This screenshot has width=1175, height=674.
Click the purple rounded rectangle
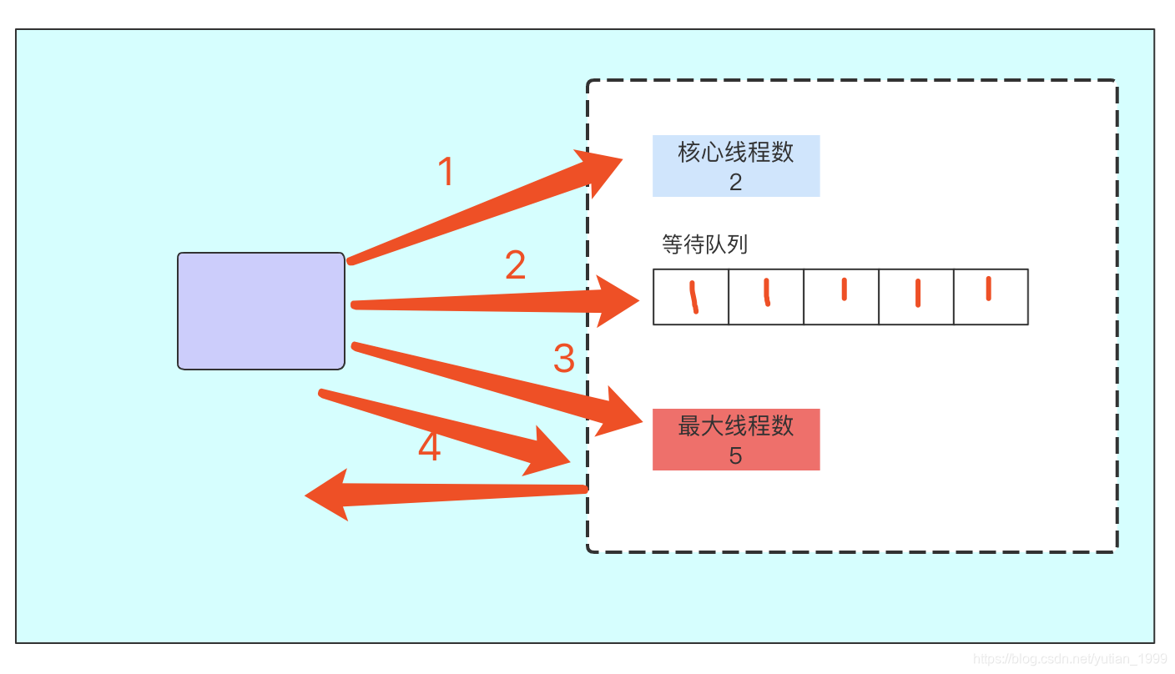(x=261, y=310)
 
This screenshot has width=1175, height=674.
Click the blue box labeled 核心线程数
(x=735, y=165)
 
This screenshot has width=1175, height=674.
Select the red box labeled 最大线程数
(x=735, y=439)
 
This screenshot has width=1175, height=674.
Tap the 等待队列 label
(x=704, y=244)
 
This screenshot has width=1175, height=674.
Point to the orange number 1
(x=446, y=172)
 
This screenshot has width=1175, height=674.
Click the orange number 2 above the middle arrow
(x=516, y=265)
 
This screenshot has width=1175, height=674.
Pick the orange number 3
(x=564, y=359)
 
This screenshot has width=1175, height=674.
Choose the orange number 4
(x=429, y=447)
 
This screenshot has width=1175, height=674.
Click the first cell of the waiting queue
(x=691, y=296)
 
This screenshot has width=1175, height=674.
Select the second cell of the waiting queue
(x=766, y=296)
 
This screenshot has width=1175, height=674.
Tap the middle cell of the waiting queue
(x=841, y=296)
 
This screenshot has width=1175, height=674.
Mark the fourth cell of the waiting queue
(x=916, y=296)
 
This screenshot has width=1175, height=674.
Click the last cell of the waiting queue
(x=991, y=296)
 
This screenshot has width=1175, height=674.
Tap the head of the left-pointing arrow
(x=328, y=495)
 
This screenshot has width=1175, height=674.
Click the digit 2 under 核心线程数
(x=735, y=182)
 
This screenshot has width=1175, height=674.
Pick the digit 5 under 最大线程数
(x=735, y=455)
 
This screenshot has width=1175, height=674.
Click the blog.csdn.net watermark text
(x=1063, y=659)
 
